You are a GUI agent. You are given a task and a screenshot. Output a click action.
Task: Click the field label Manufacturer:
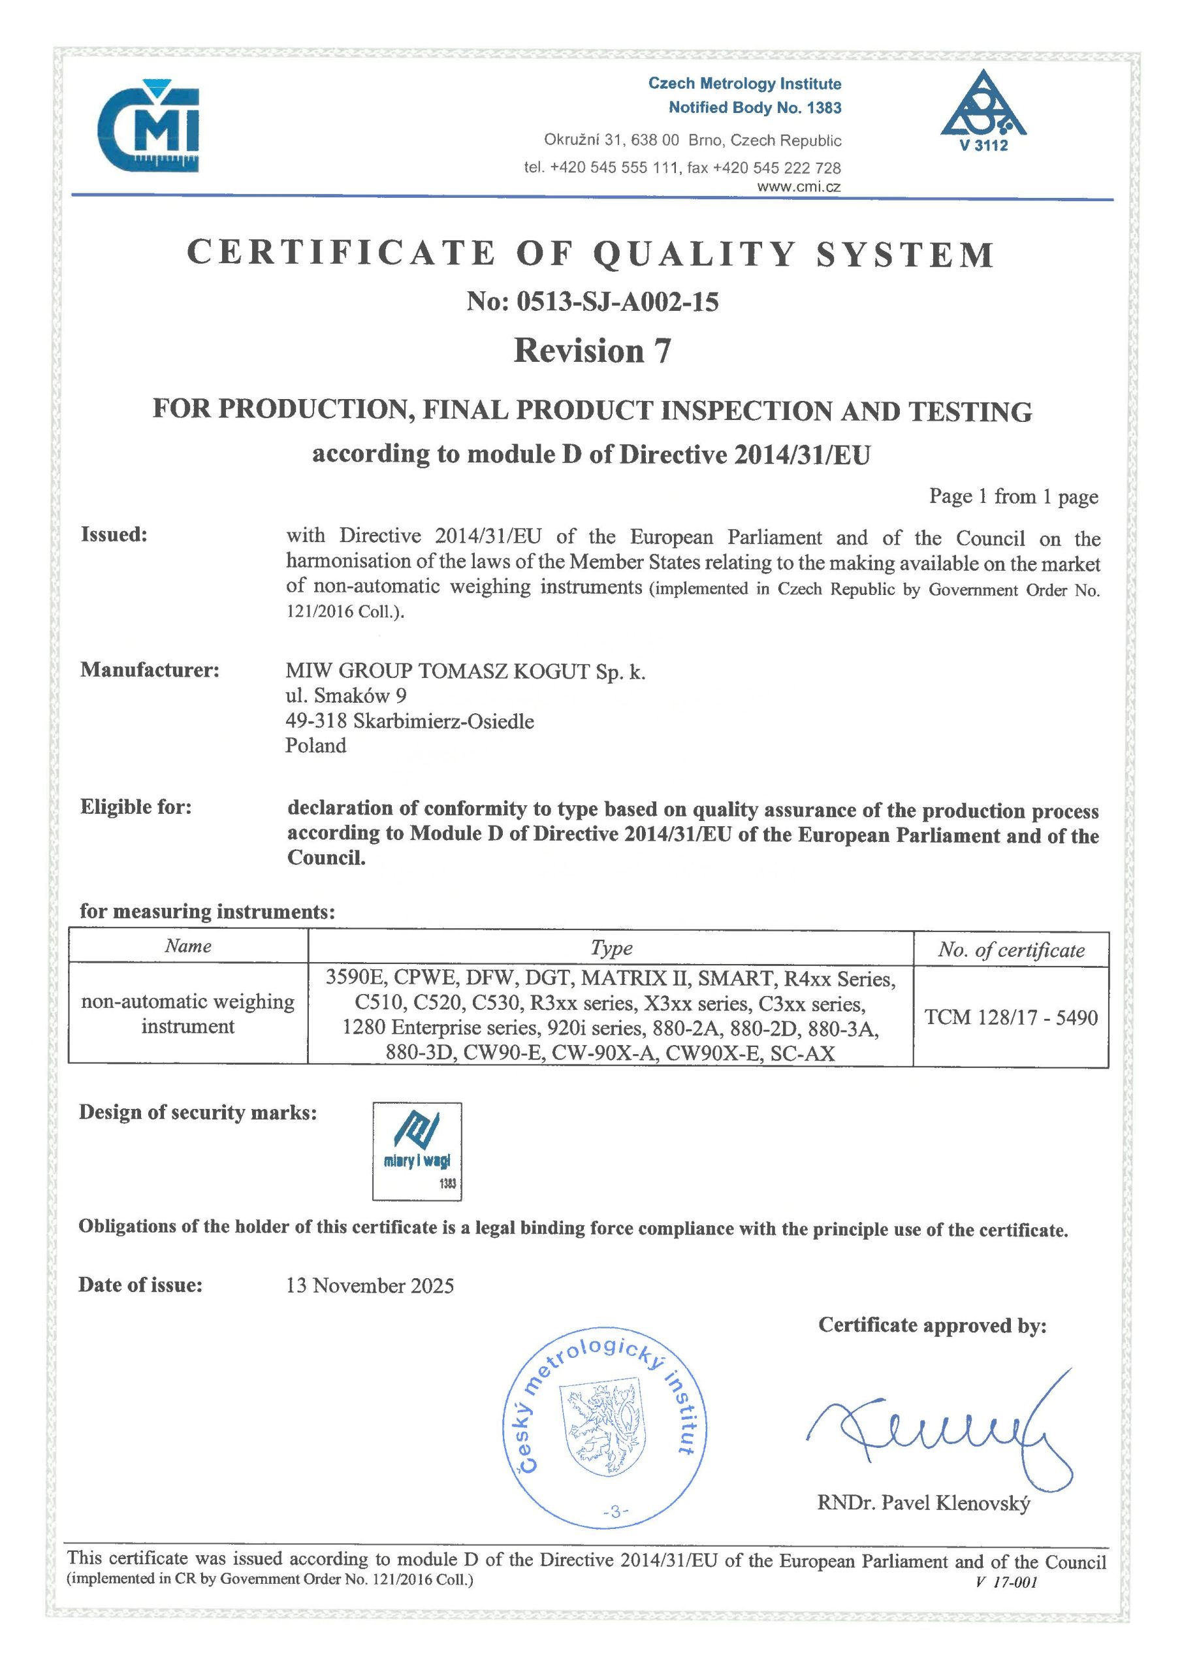(x=150, y=669)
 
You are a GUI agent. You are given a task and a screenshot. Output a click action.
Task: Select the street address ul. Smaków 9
(x=346, y=696)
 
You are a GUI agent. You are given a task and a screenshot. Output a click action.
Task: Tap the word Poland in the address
(x=315, y=745)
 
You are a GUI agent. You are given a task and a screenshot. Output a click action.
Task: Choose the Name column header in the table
(x=188, y=946)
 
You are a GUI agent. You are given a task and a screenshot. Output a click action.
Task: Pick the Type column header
(x=611, y=948)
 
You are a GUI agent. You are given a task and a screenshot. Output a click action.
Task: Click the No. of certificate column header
(x=1011, y=950)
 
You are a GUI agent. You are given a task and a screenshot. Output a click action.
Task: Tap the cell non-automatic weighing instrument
(x=188, y=1014)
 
